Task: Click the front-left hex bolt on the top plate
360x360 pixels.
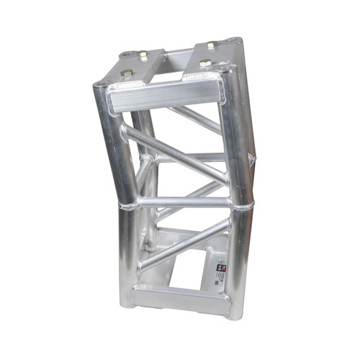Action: click(127, 73)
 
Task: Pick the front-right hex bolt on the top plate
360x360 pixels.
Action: click(204, 64)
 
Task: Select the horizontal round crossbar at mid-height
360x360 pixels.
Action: click(183, 202)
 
